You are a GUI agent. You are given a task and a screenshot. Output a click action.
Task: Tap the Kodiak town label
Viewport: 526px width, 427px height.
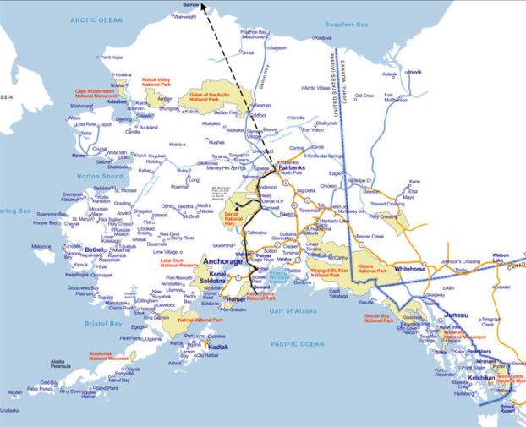pos(217,348)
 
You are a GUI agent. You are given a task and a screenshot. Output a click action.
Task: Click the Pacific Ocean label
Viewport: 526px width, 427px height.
pos(297,344)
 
